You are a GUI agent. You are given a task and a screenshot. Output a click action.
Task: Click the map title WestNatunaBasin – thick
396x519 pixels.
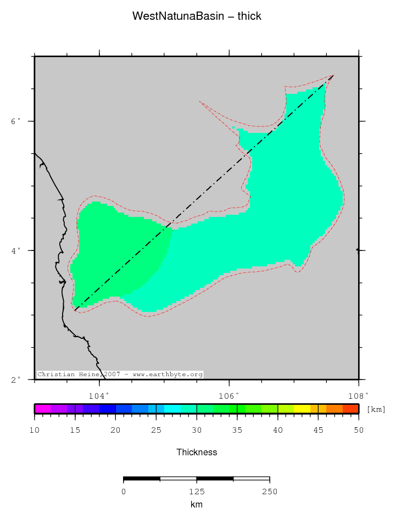tap(197, 16)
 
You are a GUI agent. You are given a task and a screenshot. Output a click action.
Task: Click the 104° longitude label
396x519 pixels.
tap(99, 395)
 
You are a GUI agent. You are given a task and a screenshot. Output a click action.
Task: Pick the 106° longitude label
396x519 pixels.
tap(229, 395)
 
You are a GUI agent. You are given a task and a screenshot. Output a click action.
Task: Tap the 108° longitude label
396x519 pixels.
tap(358, 395)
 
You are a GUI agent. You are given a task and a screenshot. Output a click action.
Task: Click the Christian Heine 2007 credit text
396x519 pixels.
tap(120, 375)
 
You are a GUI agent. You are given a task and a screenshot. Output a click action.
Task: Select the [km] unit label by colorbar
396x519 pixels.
tap(376, 409)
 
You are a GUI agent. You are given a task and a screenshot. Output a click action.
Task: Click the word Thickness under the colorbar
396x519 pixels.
tap(197, 453)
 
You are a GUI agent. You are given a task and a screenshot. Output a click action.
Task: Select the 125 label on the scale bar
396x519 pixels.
tap(197, 491)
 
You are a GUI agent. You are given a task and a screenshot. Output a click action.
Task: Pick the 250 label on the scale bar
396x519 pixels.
tap(269, 491)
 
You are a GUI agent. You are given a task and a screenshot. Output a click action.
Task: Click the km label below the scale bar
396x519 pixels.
tap(197, 504)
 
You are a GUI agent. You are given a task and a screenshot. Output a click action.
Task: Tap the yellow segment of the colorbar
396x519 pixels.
tap(302, 409)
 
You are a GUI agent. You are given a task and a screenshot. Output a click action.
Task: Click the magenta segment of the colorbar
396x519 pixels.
tap(43, 409)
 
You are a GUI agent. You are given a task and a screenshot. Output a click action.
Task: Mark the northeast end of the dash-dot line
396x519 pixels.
tap(333, 75)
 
